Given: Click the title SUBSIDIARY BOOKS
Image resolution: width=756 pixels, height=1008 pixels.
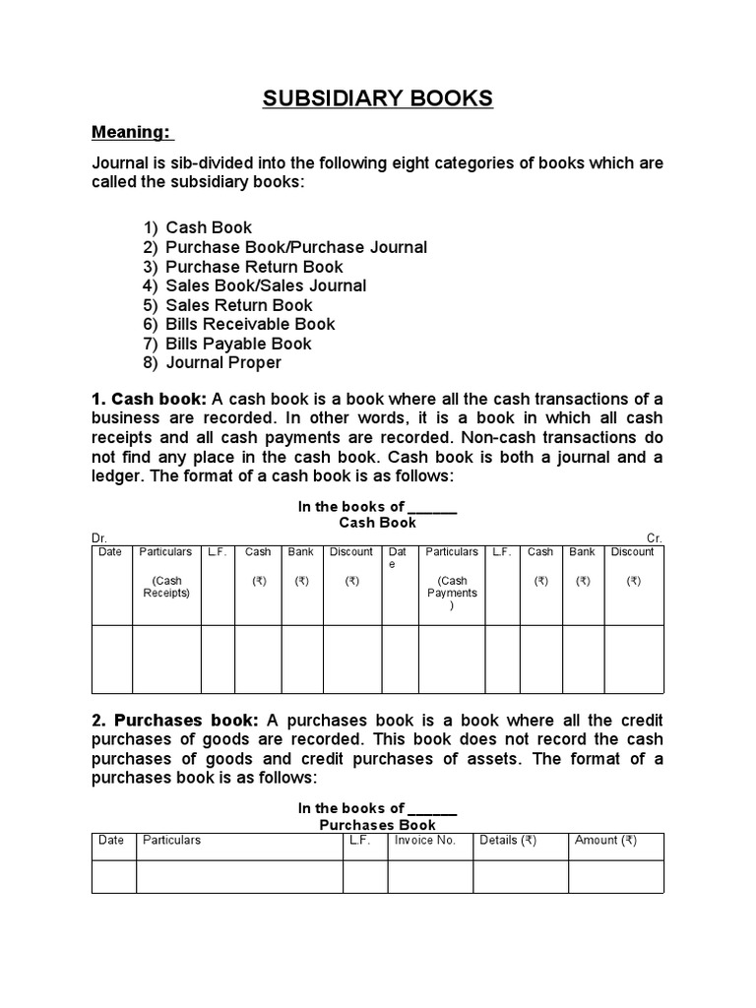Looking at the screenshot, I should pos(377,98).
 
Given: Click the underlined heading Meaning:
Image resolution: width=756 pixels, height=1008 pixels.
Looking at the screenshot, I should pos(131,132).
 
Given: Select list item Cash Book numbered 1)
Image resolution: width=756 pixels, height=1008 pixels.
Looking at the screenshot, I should pos(209,227).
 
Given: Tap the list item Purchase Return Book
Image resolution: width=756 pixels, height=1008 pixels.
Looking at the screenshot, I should pos(254,267).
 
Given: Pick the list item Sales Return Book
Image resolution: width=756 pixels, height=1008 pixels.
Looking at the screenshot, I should pos(238,305).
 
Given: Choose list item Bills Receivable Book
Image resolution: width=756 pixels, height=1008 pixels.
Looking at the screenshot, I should pos(250,324).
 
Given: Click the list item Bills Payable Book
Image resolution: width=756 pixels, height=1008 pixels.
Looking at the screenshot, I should pos(238,344).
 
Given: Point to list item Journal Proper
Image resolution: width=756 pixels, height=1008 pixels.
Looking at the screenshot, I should pos(223,362).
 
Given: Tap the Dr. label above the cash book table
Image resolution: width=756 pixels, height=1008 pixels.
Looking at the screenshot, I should pos(98,538).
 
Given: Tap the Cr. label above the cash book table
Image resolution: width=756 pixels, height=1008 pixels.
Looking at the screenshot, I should pos(655,538).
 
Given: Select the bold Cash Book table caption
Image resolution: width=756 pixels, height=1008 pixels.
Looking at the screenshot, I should pos(377,523).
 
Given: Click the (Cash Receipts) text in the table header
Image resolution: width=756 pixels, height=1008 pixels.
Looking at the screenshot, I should pos(166,588).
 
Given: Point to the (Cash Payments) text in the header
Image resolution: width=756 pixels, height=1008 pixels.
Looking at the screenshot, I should pos(452,594).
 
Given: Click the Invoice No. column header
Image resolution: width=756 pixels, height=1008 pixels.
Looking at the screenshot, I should pos(424,841).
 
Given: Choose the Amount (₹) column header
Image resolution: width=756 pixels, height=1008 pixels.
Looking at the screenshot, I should pos(605,841).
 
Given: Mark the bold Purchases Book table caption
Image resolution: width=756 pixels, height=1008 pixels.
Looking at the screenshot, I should pos(377,825).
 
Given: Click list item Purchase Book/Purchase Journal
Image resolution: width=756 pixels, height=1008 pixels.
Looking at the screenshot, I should pos(296,247).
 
